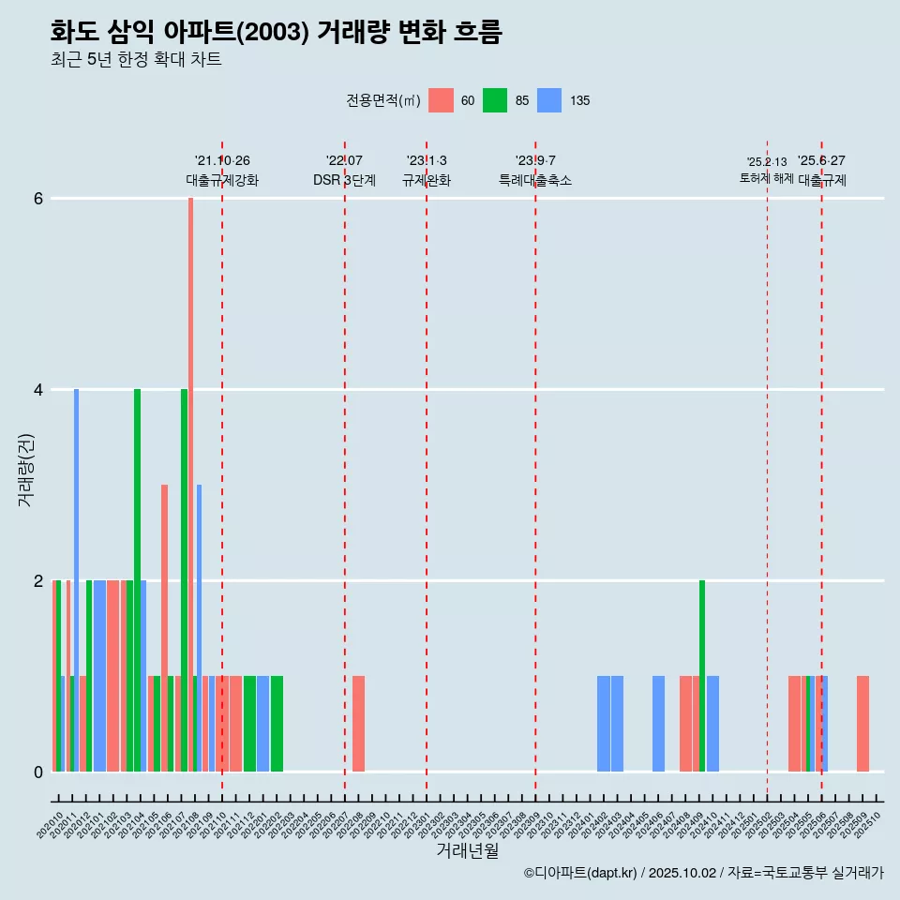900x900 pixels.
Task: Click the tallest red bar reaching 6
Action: (190, 469)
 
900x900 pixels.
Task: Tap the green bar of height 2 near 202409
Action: (702, 675)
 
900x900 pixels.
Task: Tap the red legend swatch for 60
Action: (441, 100)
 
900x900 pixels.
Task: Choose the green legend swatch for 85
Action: (495, 100)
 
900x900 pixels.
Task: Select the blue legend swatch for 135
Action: (549, 100)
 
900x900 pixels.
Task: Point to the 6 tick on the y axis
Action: (39, 199)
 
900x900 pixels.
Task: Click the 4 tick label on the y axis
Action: (39, 390)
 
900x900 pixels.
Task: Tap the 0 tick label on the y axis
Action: (39, 772)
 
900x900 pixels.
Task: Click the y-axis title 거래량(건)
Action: (26, 470)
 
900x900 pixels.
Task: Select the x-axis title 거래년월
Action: (467, 851)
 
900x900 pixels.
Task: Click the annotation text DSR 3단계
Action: (344, 180)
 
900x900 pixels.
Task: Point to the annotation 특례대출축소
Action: (535, 180)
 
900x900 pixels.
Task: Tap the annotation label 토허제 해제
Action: (767, 178)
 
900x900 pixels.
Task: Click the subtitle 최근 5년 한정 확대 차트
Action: (136, 60)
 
